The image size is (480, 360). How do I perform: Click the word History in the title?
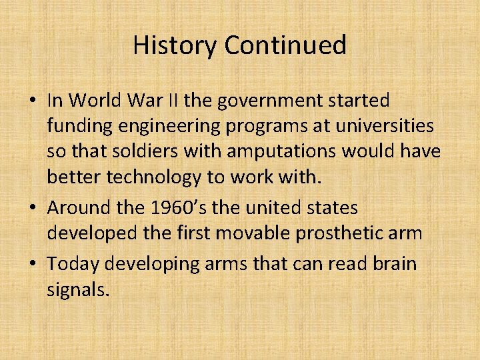[175, 45]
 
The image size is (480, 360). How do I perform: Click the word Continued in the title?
[285, 45]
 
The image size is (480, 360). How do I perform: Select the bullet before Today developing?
[32, 265]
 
